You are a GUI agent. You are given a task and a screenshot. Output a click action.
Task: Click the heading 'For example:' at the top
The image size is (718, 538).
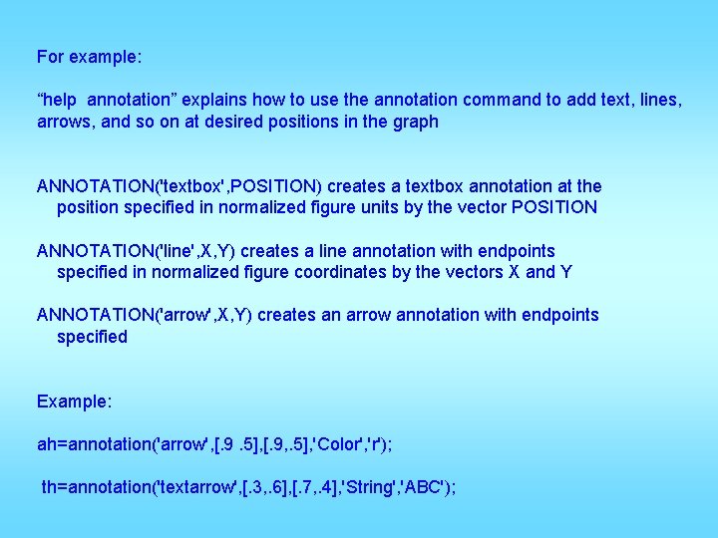(x=89, y=57)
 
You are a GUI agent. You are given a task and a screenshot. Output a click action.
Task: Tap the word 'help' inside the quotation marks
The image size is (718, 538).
(x=61, y=100)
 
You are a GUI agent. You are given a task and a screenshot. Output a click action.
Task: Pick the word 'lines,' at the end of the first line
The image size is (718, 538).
(x=660, y=100)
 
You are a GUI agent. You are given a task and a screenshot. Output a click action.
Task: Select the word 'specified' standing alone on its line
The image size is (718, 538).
(x=92, y=337)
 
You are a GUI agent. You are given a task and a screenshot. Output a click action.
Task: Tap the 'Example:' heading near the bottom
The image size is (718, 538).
(x=74, y=401)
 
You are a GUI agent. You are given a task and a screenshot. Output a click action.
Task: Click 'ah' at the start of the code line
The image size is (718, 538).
(x=47, y=444)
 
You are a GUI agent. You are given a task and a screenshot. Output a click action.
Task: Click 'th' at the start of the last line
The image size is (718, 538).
(x=49, y=487)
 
